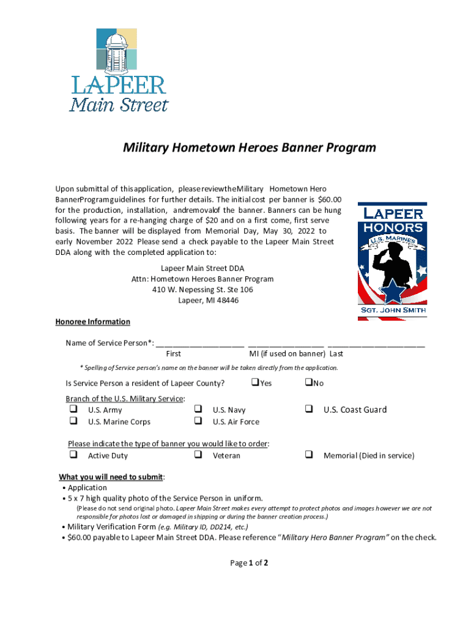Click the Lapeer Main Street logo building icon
(x=116, y=51)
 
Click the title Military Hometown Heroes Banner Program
(x=249, y=148)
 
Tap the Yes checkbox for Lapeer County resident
(x=255, y=383)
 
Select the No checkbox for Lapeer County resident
(x=308, y=383)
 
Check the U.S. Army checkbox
(x=73, y=409)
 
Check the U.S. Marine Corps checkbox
(x=73, y=421)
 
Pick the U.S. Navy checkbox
(x=198, y=409)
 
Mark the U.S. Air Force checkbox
(x=198, y=421)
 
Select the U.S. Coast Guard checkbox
(x=309, y=409)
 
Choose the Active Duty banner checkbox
(x=73, y=455)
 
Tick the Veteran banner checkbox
(x=198, y=455)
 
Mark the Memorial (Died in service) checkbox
(x=309, y=455)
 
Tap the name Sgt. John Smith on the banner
(x=392, y=310)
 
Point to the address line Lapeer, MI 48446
(x=208, y=300)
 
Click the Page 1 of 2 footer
(x=249, y=563)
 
